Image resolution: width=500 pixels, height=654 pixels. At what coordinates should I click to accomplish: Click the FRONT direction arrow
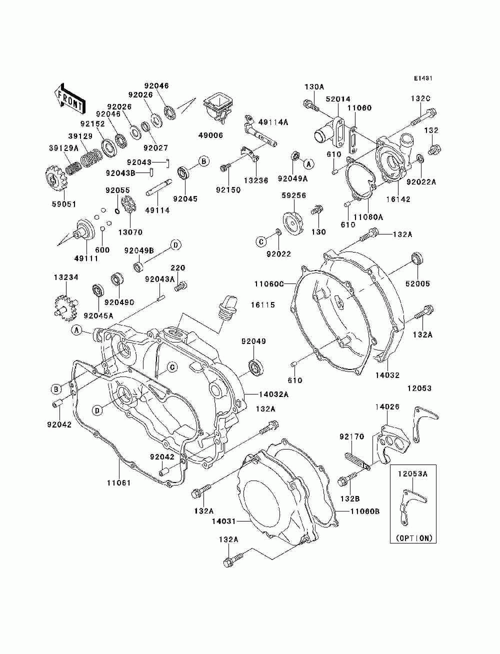(69, 98)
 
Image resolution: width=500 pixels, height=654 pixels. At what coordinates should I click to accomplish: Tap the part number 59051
(64, 204)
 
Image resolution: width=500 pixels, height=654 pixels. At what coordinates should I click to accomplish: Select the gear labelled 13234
(66, 308)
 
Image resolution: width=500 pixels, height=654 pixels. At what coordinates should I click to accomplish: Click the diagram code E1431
(423, 78)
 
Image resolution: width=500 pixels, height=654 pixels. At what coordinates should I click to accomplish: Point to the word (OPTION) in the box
(414, 538)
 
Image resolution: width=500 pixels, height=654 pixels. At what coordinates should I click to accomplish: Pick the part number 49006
(210, 135)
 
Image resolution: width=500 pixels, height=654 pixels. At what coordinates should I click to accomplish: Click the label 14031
(224, 521)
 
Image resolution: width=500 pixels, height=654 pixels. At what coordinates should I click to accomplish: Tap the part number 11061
(119, 482)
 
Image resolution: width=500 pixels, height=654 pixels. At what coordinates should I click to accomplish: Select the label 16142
(398, 199)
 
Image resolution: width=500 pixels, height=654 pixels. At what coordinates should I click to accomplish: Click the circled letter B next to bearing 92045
(204, 161)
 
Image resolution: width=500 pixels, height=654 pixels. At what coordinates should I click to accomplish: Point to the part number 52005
(418, 283)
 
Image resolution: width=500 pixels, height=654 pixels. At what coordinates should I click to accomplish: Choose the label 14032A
(273, 394)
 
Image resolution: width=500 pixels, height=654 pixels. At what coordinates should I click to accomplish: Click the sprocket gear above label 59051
(57, 181)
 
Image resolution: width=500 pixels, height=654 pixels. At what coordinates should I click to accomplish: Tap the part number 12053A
(412, 473)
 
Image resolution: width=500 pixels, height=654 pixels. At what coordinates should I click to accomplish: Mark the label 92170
(352, 436)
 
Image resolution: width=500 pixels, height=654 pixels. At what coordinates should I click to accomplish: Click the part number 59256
(294, 195)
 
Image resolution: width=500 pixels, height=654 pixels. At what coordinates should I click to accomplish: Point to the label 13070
(130, 232)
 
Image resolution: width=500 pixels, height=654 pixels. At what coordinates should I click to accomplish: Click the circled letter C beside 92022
(261, 241)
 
